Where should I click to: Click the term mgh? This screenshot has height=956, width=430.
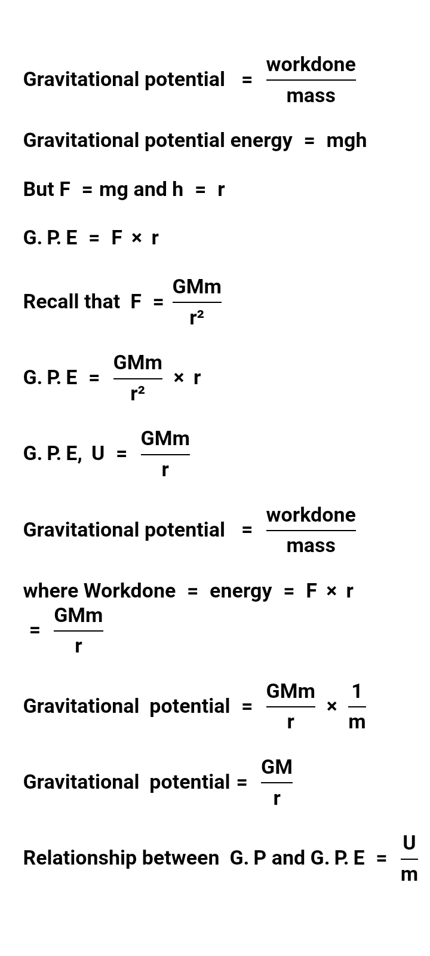pos(346,141)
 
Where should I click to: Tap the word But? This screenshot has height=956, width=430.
pos(39,189)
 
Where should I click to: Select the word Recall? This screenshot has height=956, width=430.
pos(51,302)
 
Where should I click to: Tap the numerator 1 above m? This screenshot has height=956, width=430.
pos(357,691)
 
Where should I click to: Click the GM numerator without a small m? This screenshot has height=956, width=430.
pos(277,767)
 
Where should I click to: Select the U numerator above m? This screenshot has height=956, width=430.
pos(409,843)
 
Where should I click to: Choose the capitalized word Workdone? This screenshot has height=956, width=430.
pos(130,591)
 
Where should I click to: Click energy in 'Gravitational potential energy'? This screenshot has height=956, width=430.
pos(261,141)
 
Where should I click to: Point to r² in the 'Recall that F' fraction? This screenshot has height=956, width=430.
pos(196,318)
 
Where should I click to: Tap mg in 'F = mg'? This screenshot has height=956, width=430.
pos(113,190)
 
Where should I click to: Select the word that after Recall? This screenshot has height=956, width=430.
pos(102,302)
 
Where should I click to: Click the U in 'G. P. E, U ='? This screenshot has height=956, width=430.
pos(97,454)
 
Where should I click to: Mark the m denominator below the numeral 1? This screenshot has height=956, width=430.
pos(357,722)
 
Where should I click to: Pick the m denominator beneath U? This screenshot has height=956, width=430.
pos(409,874)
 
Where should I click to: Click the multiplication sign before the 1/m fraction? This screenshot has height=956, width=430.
pos(331,706)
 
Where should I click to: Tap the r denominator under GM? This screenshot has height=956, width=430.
pos(277,798)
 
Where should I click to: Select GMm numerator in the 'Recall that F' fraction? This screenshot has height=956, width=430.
pos(196,287)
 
